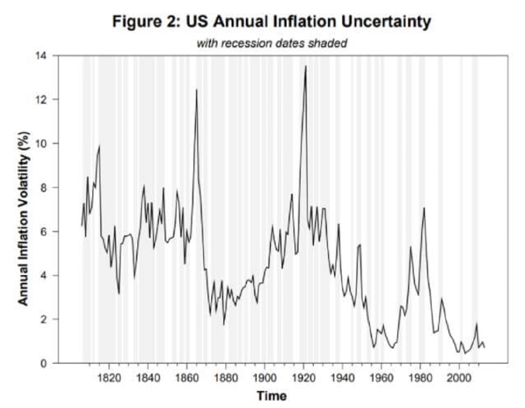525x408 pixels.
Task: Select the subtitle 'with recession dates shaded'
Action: tap(272, 43)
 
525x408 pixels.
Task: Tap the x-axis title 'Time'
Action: tap(272, 396)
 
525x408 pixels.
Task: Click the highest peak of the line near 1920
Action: tap(305, 66)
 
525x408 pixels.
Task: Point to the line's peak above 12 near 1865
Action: tap(196, 90)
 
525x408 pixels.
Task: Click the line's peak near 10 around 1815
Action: tap(99, 146)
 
